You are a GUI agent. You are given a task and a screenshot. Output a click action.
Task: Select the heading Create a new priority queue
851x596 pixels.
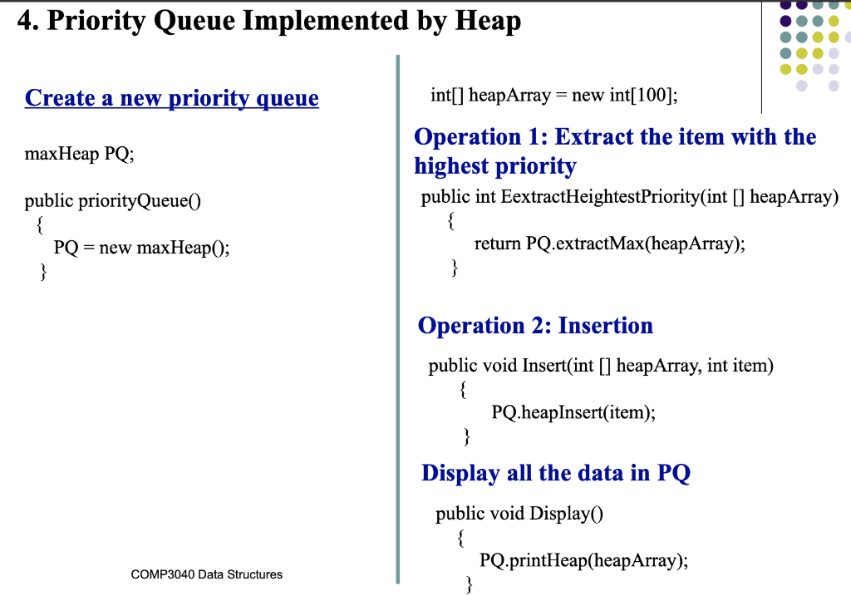point(172,98)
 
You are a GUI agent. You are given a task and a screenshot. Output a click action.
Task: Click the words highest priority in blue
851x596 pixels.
point(495,166)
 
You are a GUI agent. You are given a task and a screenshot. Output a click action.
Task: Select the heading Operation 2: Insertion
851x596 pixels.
point(535,325)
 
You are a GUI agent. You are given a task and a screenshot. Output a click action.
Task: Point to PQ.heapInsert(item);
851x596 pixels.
point(573,411)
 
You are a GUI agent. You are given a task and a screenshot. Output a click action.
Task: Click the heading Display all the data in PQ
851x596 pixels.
point(555,473)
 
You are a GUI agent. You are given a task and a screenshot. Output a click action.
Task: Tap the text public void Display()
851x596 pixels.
point(519,514)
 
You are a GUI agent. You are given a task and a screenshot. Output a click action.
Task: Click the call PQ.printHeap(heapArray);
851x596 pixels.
point(585,559)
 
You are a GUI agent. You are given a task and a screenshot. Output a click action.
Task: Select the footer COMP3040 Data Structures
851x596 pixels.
point(207,574)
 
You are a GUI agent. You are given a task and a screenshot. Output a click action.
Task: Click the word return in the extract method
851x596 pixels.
point(498,244)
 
